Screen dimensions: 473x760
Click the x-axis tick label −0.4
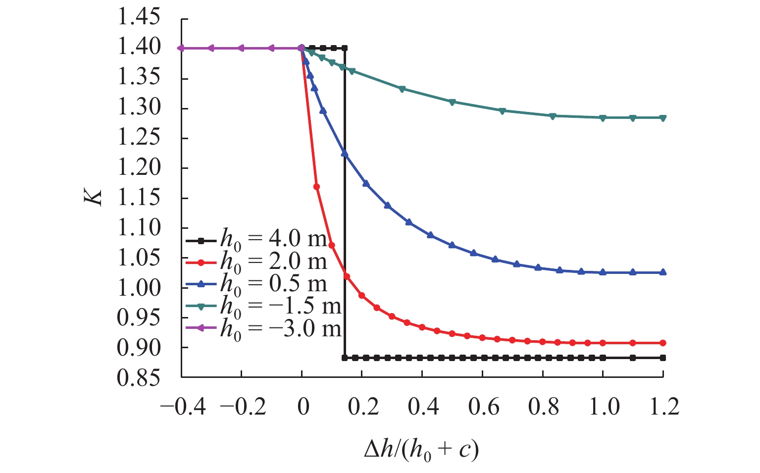183,407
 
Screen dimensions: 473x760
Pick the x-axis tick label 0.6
484,407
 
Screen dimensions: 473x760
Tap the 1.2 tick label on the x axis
664,407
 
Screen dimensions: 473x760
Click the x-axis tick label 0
303,407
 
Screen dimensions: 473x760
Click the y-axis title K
94,197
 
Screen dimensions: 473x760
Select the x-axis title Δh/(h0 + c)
421,450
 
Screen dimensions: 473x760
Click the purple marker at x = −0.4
181,48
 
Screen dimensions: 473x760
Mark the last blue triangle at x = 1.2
663,272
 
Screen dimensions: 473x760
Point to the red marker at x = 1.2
663,343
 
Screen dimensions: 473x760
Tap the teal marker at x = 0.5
452,102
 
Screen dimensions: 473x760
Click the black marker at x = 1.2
663,358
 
